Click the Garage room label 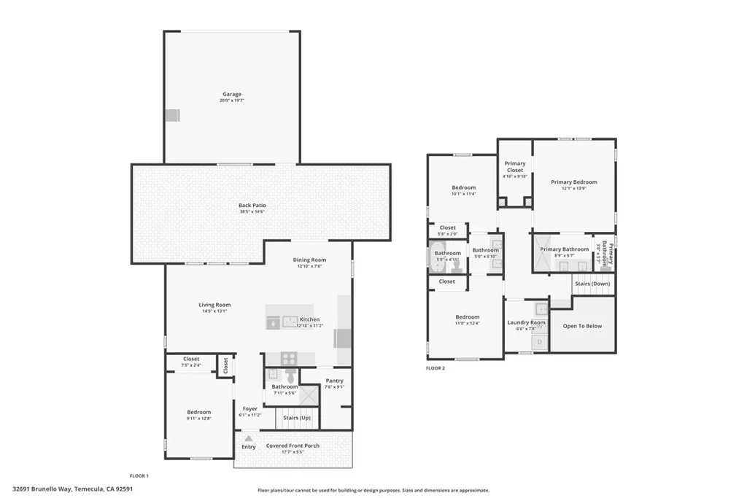point(232,94)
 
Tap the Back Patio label point(252,206)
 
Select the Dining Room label point(309,260)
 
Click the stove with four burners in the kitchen point(290,358)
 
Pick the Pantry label point(334,381)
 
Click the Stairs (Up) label point(297,418)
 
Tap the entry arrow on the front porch point(248,438)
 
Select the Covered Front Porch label point(293,446)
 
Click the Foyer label point(249,409)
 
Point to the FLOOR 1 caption point(139,476)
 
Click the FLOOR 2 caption point(436,368)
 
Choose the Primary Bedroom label point(573,182)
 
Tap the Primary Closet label point(515,167)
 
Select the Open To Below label point(582,326)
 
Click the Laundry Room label point(526,322)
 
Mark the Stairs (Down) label point(592,284)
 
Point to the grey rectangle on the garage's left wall point(171,115)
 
